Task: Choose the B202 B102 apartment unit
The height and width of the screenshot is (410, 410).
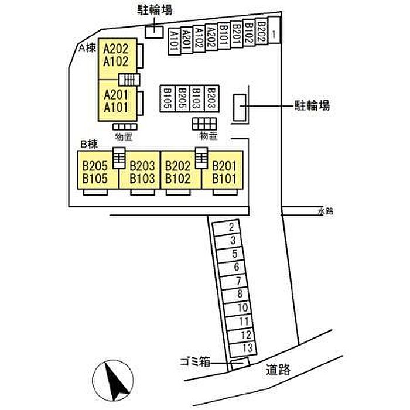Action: coord(177,172)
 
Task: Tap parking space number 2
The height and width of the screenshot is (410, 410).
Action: coord(232,227)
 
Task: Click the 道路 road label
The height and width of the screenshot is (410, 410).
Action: coord(278,370)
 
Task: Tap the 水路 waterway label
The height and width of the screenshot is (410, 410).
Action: coord(325,211)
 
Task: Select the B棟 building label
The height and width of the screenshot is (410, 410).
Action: coord(87,143)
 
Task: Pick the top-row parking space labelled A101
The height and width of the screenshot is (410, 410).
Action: coord(173,42)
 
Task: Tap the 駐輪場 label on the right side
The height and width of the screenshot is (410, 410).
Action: coord(311,106)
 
